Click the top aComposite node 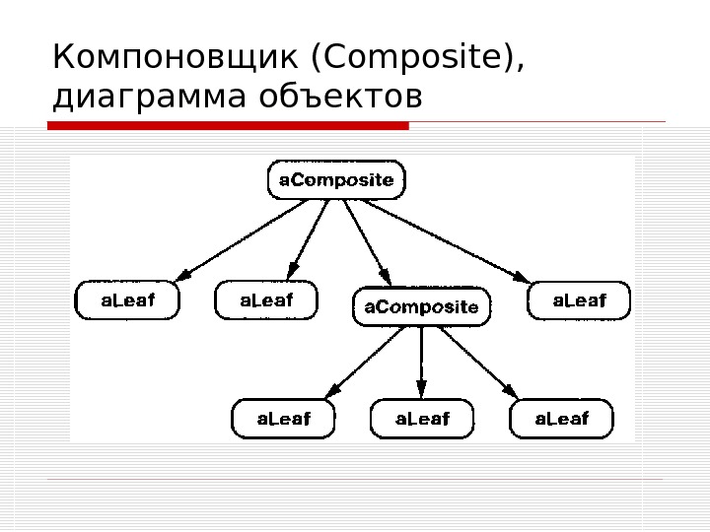pyautogui.click(x=337, y=180)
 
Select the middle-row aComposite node pyautogui.click(x=421, y=306)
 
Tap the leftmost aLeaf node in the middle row pyautogui.click(x=128, y=300)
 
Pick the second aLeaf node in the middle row pyautogui.click(x=267, y=300)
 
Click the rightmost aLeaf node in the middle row pyautogui.click(x=579, y=300)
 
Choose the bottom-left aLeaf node pyautogui.click(x=283, y=419)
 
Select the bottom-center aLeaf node pyautogui.click(x=422, y=419)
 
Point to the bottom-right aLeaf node pyautogui.click(x=561, y=419)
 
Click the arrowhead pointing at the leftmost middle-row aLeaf pyautogui.click(x=182, y=275)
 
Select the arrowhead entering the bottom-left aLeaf pyautogui.click(x=330, y=392)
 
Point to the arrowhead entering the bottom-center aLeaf pyautogui.click(x=422, y=391)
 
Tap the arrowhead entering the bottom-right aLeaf pyautogui.click(x=511, y=392)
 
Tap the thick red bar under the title pyautogui.click(x=228, y=125)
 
